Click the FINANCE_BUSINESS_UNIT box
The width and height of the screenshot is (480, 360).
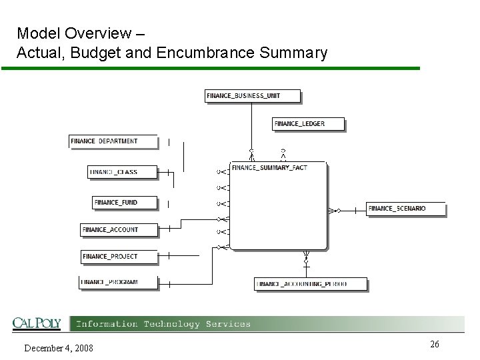pyautogui.click(x=253, y=96)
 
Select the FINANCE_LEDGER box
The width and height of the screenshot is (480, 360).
pyautogui.click(x=309, y=124)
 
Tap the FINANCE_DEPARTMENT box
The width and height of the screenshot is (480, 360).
pyautogui.click(x=113, y=141)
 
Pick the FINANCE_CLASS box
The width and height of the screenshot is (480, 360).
pyautogui.click(x=123, y=172)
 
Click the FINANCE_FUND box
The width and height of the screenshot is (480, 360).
pyautogui.click(x=125, y=202)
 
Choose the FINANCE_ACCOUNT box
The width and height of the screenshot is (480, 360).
pyautogui.click(x=119, y=230)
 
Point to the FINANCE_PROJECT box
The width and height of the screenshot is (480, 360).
pyautogui.click(x=119, y=257)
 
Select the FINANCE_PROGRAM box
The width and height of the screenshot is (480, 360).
pyautogui.click(x=119, y=282)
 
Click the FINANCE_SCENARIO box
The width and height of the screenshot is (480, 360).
pyautogui.click(x=405, y=209)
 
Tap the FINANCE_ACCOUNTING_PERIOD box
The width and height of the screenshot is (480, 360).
pyautogui.click(x=311, y=284)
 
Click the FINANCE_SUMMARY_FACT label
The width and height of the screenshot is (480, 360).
pyautogui.click(x=269, y=168)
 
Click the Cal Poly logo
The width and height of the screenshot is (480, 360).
pyautogui.click(x=37, y=323)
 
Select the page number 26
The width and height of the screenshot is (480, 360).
pyautogui.click(x=434, y=344)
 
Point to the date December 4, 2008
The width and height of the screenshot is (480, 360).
pyautogui.click(x=59, y=348)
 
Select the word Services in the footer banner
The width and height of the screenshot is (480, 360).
pyautogui.click(x=228, y=324)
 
